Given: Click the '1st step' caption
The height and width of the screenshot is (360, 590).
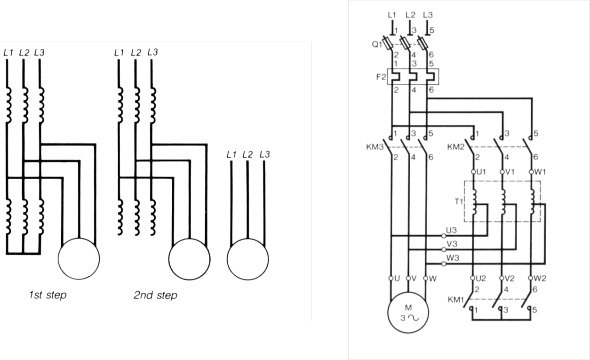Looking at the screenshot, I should pos(48,295).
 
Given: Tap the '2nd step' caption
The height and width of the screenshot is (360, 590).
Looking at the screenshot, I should pos(155,295).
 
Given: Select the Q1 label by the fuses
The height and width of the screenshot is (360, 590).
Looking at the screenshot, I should pos(376,45).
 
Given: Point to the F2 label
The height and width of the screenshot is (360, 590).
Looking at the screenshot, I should pos(381,76).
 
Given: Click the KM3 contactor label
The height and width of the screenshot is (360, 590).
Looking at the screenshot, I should pos(374,147).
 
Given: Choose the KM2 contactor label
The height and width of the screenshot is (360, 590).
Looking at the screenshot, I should pos(455,147).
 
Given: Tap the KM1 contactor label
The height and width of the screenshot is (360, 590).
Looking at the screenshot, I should pos(456,300).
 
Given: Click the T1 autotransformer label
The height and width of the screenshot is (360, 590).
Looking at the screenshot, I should pos(459,201).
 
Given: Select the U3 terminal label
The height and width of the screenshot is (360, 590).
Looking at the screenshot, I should pos(451,230).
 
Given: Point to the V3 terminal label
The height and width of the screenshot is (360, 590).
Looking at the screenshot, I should pos(452,244).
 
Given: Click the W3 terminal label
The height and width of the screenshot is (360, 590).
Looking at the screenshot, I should pos(453,258).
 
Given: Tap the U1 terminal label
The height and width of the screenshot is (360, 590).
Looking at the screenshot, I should pos(481,172).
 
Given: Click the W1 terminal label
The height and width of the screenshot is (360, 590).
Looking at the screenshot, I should pos(540,172).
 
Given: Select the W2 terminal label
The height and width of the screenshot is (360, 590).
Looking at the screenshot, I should pos(540,278).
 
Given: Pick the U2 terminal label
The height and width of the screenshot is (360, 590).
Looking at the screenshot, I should pos(481,278).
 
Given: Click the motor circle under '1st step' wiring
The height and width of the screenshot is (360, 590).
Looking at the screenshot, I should pos(79,259).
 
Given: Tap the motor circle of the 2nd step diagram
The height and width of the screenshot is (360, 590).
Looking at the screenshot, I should pos(189,259).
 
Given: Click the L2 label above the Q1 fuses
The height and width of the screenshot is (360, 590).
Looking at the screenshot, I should pos(410,15).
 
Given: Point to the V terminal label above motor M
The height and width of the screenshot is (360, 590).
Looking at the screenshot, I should pos(414,278).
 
